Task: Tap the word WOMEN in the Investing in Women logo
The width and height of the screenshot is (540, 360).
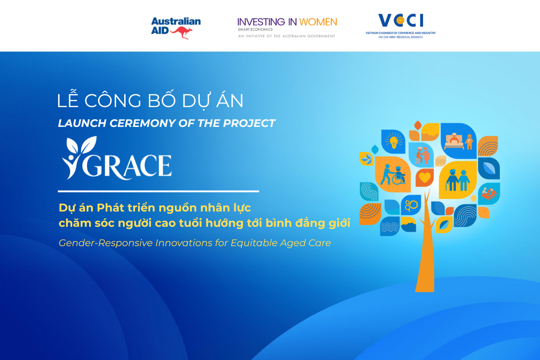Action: pyautogui.click(x=319, y=22)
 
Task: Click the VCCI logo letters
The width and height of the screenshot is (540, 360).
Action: pyautogui.click(x=400, y=21)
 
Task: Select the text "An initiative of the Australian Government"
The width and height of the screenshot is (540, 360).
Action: pyautogui.click(x=286, y=36)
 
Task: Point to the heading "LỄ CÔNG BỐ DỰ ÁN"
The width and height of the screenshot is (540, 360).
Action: pyautogui.click(x=150, y=101)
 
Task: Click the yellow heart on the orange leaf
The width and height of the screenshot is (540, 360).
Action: pyautogui.click(x=423, y=178)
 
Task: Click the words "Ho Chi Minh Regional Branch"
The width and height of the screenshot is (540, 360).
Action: pyautogui.click(x=400, y=36)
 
